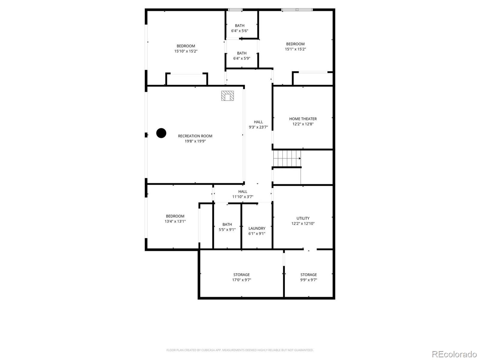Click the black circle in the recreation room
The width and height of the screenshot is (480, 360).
point(161,133)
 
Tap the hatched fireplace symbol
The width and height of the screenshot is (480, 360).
point(227,96)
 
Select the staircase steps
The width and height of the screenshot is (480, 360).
point(287,158)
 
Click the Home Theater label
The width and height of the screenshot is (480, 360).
point(303,119)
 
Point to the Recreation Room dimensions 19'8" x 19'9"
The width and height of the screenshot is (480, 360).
point(195,141)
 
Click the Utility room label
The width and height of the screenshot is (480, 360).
point(303,218)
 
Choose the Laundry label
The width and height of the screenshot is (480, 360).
point(257,228)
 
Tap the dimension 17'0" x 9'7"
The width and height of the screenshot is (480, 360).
point(241,280)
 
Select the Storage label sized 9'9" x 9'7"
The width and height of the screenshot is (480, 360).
point(309,275)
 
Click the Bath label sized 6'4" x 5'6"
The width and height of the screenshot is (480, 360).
point(240,25)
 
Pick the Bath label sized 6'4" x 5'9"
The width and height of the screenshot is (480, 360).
point(241,53)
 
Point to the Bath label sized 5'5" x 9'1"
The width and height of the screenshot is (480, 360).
point(227,224)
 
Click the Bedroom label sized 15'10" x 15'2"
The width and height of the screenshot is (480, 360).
point(186,46)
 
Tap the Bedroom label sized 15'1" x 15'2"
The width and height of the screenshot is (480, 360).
point(295,44)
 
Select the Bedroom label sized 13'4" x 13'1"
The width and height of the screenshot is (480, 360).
point(175,216)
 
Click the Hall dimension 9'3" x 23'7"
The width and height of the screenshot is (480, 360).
point(258,127)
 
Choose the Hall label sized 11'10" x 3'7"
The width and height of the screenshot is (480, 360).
point(243,192)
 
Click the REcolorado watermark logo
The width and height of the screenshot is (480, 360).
point(454,354)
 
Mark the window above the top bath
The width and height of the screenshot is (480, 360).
point(235,10)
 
